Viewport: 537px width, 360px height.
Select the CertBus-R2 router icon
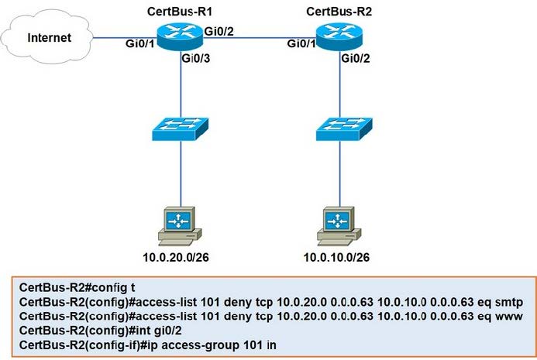[x=339, y=36]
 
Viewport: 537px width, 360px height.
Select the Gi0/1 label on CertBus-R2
[x=301, y=44]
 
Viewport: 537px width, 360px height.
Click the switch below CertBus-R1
[x=181, y=127]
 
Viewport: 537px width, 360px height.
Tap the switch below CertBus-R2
[x=339, y=127]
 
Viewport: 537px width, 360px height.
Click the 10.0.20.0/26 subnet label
[x=180, y=256]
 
